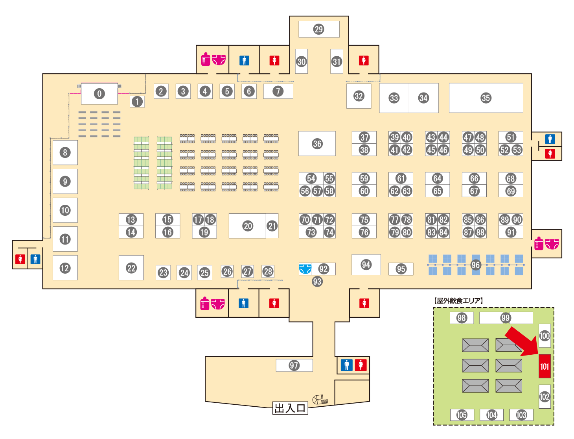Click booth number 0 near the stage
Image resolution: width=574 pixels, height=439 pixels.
[x=99, y=93]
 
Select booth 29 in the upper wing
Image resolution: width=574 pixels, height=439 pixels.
[x=319, y=29]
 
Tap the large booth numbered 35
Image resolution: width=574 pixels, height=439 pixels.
[x=486, y=98]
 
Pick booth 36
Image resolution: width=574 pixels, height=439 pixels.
[x=317, y=143]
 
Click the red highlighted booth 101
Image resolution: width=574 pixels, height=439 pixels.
[x=544, y=366]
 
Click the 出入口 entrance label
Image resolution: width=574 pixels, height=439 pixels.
[x=290, y=408]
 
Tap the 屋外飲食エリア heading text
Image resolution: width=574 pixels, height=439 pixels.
[x=458, y=300]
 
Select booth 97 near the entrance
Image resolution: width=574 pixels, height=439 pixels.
[x=294, y=365]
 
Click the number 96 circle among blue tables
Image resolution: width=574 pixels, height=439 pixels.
[x=475, y=265]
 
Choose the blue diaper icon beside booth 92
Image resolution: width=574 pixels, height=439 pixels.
[x=305, y=269]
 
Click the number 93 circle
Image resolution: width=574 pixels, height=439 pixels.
[x=317, y=282]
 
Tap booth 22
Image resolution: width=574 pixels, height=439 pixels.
[x=131, y=268]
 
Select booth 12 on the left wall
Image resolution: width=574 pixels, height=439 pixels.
[x=65, y=268]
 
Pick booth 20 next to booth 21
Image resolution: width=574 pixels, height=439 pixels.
[x=247, y=226]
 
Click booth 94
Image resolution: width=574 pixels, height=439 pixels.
[x=366, y=265]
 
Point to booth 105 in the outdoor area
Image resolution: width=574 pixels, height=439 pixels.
[x=462, y=415]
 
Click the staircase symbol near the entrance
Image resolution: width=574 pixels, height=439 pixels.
[x=320, y=400]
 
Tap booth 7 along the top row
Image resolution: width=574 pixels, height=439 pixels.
[x=278, y=91]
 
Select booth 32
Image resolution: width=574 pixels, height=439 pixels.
[x=359, y=96]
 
